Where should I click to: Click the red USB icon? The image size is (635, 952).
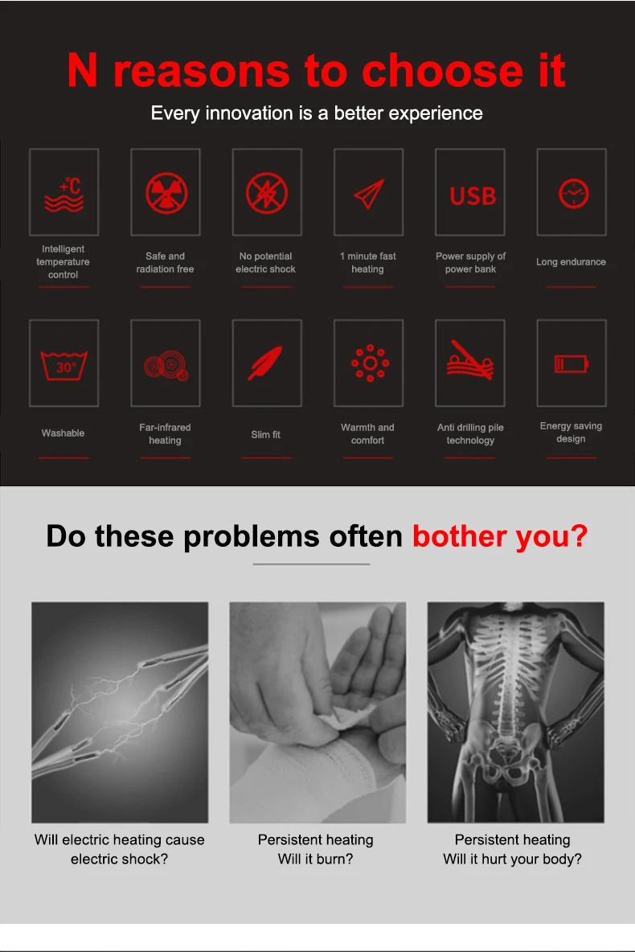click(473, 196)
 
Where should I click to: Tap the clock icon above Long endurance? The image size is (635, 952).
click(573, 194)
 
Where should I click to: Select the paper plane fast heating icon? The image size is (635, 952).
click(369, 194)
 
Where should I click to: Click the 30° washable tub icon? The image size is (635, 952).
click(63, 365)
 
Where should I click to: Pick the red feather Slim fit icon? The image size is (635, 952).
click(265, 363)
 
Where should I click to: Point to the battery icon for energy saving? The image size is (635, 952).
click(571, 364)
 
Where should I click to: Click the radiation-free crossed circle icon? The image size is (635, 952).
click(166, 194)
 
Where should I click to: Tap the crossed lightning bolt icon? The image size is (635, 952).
click(267, 194)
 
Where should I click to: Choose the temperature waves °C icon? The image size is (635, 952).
click(64, 195)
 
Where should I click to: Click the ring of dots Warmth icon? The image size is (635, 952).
click(370, 363)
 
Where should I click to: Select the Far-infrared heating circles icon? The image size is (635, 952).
click(166, 365)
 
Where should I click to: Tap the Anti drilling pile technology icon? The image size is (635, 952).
click(470, 360)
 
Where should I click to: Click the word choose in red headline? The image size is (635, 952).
click(442, 71)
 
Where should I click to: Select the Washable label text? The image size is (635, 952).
click(63, 433)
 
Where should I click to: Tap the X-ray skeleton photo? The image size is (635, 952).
click(515, 712)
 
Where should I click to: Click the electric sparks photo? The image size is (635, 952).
click(120, 712)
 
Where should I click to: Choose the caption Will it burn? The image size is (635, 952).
click(315, 859)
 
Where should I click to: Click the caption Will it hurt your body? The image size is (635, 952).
click(512, 859)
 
